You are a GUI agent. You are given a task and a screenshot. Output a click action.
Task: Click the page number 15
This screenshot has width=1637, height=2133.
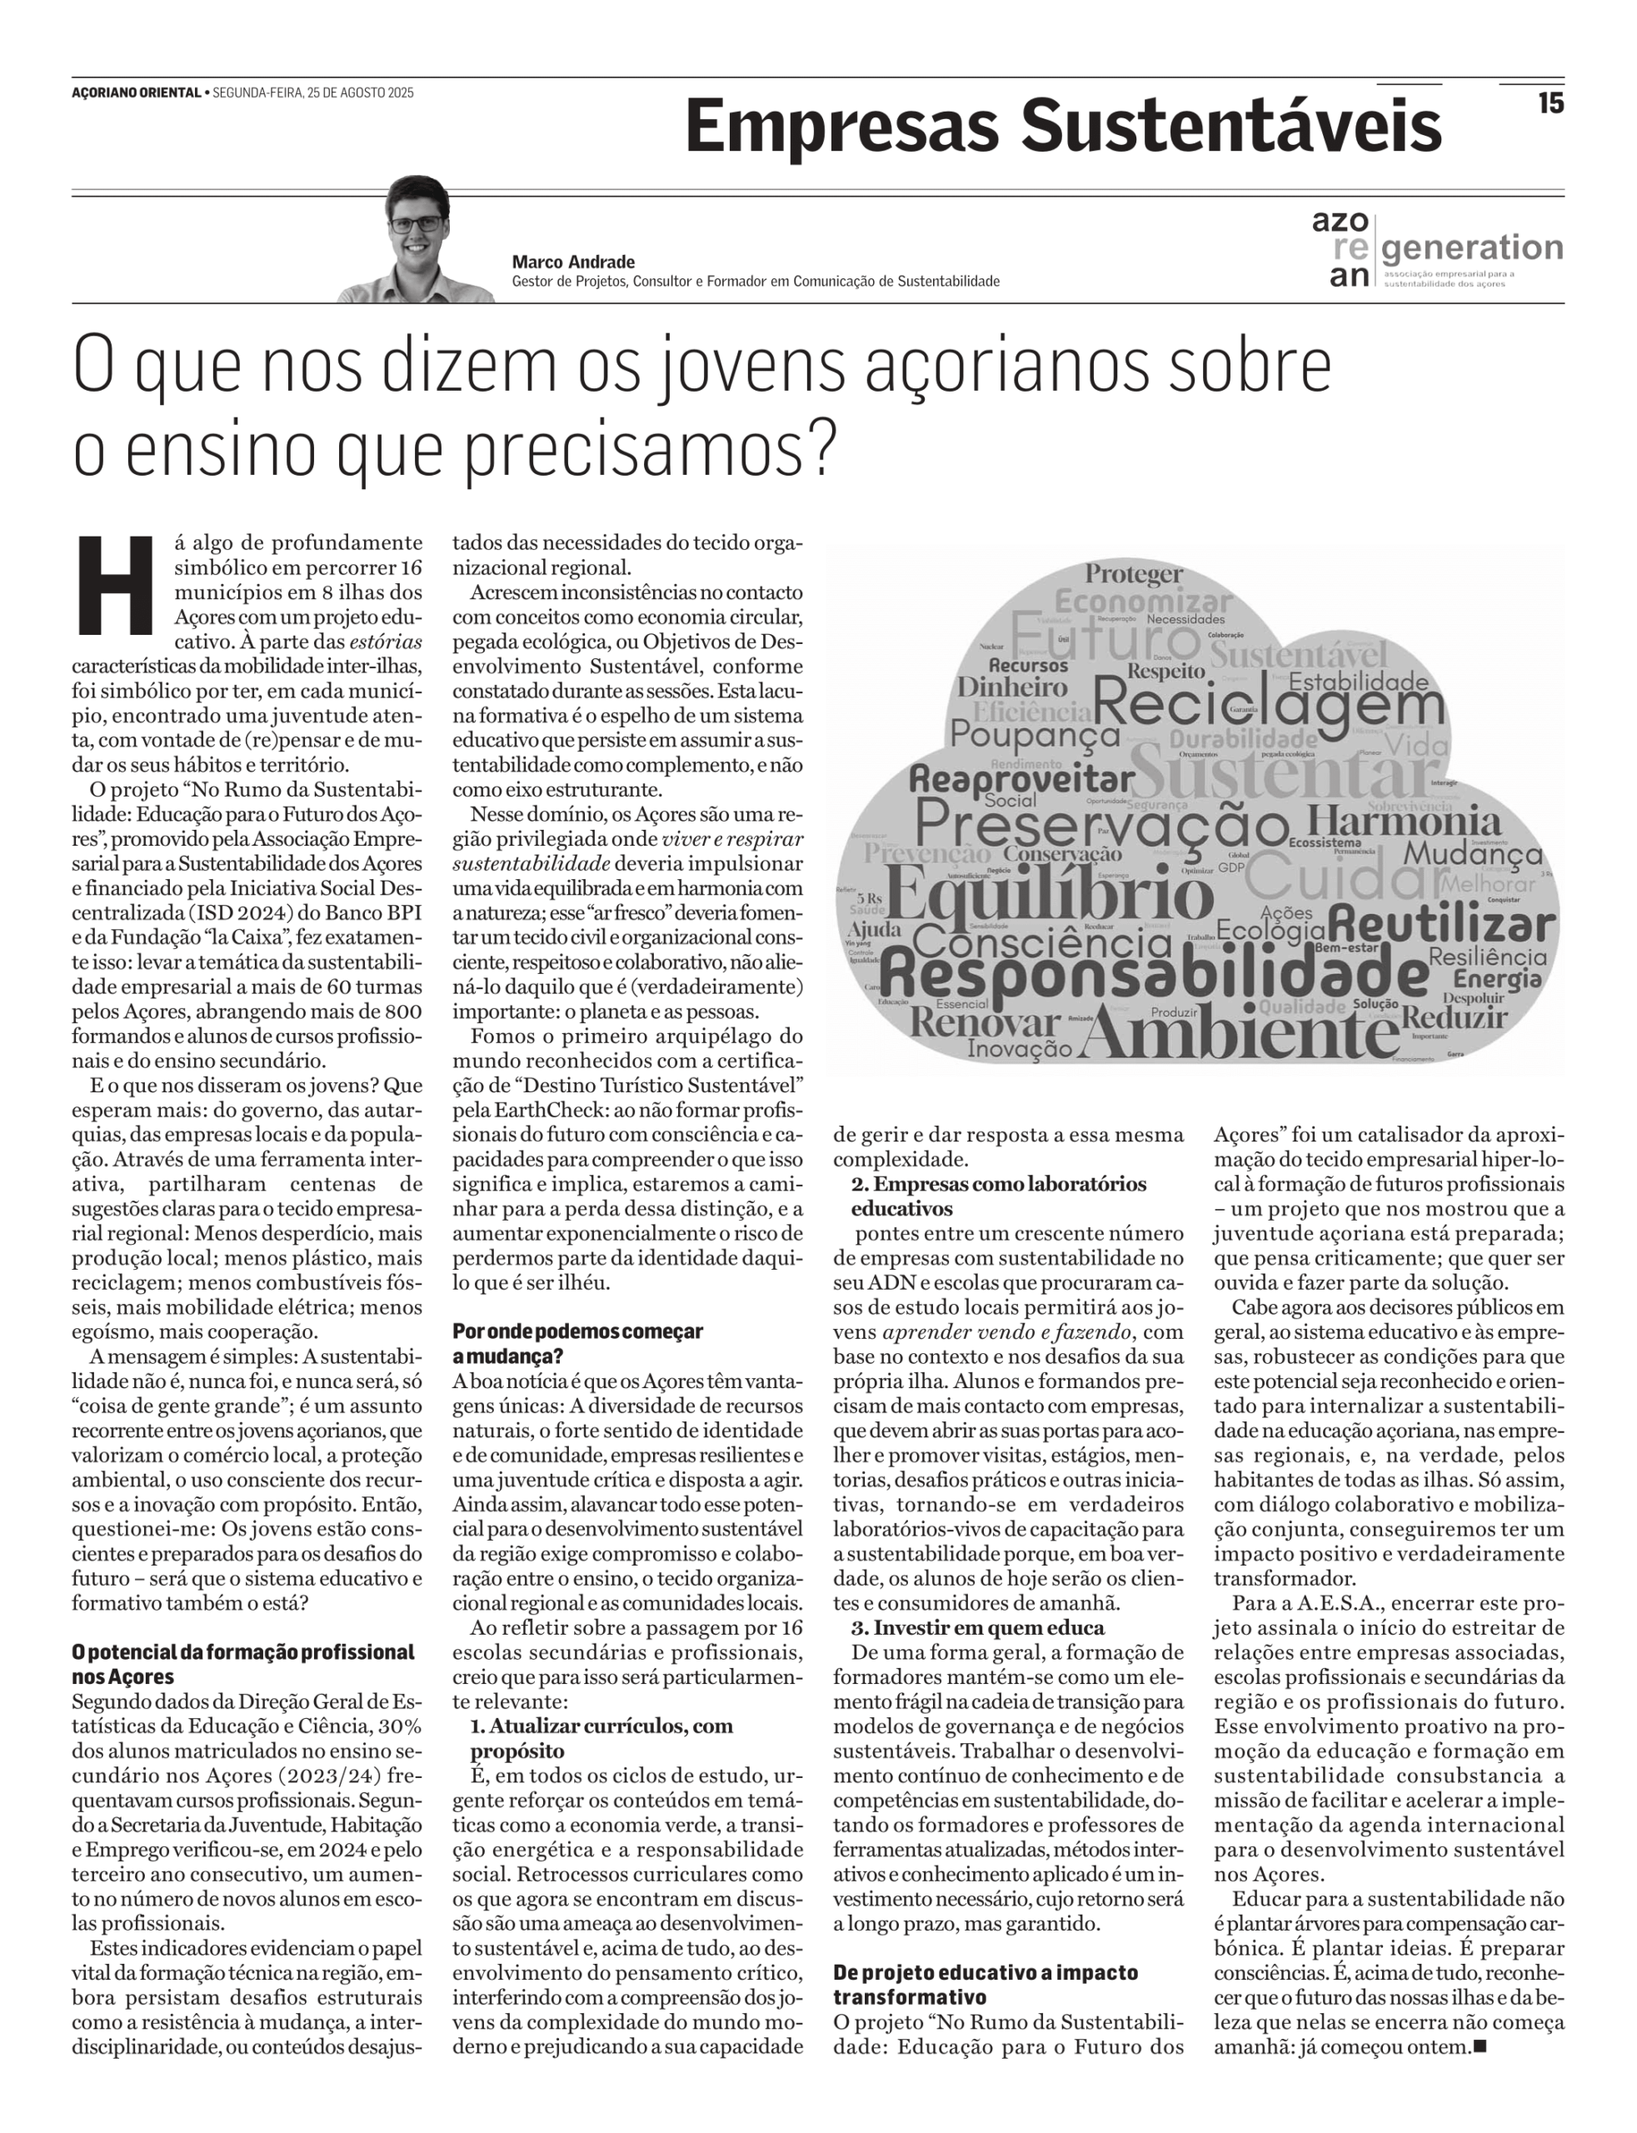(x=1550, y=102)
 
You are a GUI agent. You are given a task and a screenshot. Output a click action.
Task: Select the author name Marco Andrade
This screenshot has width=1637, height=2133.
(x=573, y=261)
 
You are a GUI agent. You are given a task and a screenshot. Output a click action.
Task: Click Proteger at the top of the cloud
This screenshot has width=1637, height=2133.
(x=1134, y=574)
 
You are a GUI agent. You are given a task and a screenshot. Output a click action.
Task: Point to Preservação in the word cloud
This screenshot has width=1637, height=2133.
(x=1101, y=826)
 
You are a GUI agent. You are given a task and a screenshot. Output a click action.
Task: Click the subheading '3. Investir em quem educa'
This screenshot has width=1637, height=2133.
(x=977, y=1627)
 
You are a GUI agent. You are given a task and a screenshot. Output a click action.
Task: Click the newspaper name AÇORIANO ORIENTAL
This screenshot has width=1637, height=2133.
(x=136, y=93)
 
